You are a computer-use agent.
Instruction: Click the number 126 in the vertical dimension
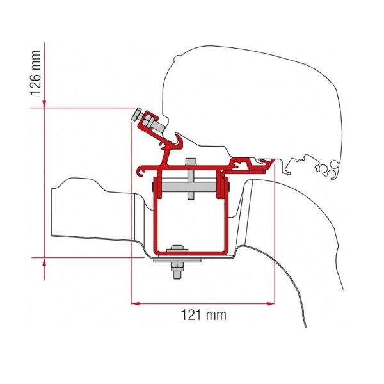pos(35,83)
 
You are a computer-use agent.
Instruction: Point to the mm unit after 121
pos(216,315)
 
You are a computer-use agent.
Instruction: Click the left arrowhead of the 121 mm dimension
pos(136,303)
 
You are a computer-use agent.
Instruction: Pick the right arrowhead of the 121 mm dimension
pos(271,303)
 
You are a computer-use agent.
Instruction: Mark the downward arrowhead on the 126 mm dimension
pos(44,104)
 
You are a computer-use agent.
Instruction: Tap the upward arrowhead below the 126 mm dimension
pos(44,262)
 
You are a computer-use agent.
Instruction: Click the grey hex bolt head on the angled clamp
pos(136,114)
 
